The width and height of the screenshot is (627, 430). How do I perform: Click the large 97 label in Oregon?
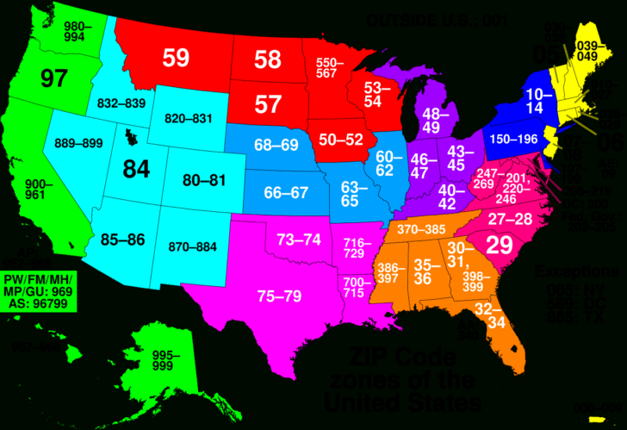point(53,78)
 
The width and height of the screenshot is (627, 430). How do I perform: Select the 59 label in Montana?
point(176,59)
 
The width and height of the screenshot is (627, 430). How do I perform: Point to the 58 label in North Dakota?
point(268,59)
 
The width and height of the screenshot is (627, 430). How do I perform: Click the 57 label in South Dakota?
point(268,104)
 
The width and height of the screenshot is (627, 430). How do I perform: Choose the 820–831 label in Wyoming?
point(189,118)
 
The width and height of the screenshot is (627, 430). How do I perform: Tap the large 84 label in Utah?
point(135,169)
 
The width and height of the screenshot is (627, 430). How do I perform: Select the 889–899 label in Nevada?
point(79,143)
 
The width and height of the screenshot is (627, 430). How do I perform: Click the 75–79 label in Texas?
point(279,296)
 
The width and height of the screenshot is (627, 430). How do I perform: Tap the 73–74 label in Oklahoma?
point(299,239)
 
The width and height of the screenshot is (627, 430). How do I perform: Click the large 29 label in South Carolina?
point(500,246)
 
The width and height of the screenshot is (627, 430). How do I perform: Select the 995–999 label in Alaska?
point(166,359)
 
